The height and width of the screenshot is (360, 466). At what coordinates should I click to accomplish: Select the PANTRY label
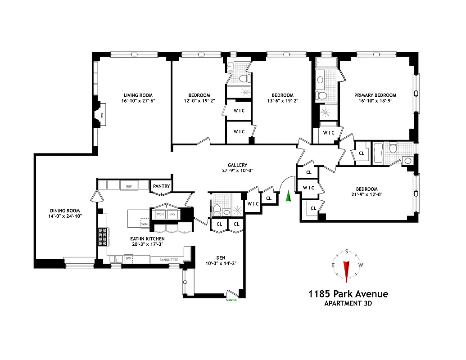[161, 186]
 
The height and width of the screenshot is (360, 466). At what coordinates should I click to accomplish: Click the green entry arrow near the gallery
[289, 197]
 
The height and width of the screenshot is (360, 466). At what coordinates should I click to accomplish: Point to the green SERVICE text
[231, 300]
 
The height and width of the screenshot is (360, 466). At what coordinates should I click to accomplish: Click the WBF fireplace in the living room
[101, 114]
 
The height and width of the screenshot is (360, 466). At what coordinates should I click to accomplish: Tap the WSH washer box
[160, 214]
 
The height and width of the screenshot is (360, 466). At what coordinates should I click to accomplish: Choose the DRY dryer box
[172, 214]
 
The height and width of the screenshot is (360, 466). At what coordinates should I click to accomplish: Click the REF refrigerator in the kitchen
[129, 185]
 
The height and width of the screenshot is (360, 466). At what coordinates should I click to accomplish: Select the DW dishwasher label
[128, 259]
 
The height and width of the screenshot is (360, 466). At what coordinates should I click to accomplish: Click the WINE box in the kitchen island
[145, 223]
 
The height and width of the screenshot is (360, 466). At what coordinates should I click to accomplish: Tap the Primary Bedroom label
[375, 95]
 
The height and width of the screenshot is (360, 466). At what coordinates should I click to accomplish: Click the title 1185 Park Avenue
[348, 294]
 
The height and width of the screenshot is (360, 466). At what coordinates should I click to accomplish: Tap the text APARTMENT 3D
[348, 303]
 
